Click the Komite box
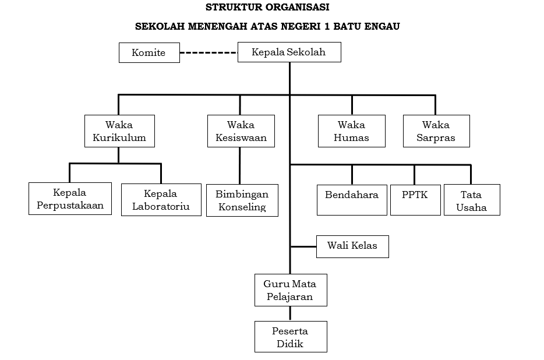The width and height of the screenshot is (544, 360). (x=149, y=53)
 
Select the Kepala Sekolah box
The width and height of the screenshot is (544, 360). (x=289, y=52)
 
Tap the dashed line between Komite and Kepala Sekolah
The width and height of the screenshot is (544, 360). (x=209, y=53)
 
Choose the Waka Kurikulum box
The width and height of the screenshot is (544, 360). (x=120, y=131)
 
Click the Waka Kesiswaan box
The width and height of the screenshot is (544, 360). (x=241, y=131)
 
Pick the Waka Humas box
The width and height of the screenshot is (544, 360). (x=352, y=131)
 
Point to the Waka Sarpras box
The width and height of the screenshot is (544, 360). (x=436, y=131)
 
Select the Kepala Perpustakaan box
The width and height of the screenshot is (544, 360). (x=70, y=199)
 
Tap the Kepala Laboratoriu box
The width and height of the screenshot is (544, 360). (x=161, y=200)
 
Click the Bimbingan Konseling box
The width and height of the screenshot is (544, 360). (x=242, y=200)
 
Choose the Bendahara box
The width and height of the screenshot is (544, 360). (x=352, y=200)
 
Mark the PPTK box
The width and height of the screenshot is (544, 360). (x=416, y=200)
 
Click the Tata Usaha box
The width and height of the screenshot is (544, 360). (x=472, y=200)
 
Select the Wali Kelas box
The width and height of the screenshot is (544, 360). (x=352, y=247)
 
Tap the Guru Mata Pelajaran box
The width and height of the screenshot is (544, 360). (x=291, y=290)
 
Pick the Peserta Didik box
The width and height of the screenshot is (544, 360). (x=291, y=337)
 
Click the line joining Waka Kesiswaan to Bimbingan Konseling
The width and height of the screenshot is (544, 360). (x=240, y=165)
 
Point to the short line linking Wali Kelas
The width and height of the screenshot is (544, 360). (x=303, y=247)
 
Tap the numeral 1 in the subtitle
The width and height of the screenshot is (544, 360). (x=327, y=26)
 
